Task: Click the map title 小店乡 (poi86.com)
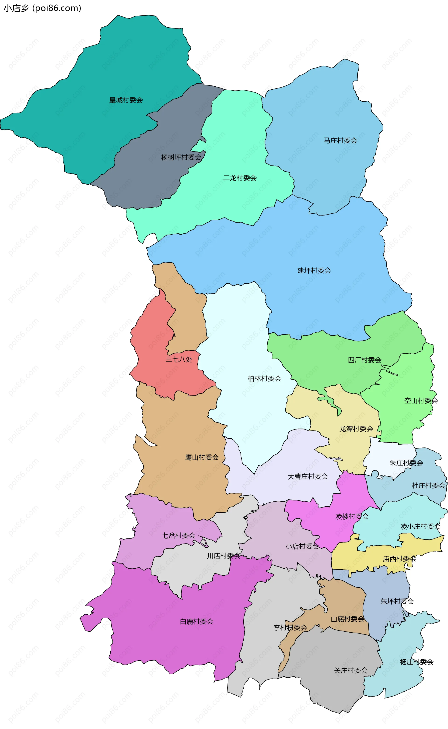point(42,8)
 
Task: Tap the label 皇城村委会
point(126,100)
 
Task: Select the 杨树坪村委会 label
point(181,157)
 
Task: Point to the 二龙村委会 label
point(240,178)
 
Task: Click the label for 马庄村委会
point(340,141)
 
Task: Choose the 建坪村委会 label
point(314,270)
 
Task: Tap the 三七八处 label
point(179,359)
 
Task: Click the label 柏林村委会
point(264,378)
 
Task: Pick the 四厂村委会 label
point(364,360)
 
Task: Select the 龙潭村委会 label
point(356,429)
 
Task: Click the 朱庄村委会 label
point(406,463)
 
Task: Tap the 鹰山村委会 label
point(202,457)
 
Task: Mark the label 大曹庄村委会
point(308,476)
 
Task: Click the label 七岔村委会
point(179,535)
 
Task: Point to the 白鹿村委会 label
point(196,621)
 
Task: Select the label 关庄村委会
point(350,671)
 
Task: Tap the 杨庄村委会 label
point(416,662)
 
